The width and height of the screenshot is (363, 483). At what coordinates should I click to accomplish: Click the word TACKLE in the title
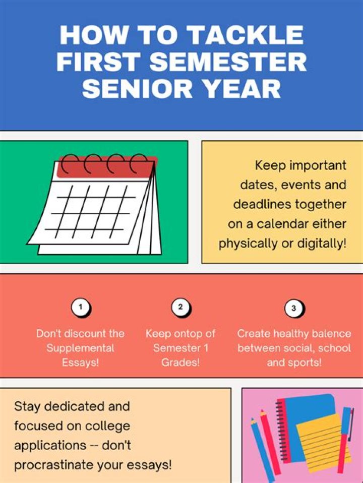(x=246, y=35)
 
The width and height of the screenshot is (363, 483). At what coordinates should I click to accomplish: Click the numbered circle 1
(x=81, y=308)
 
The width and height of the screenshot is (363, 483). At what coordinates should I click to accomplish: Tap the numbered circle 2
(x=181, y=307)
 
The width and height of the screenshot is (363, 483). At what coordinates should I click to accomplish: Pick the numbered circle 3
(x=294, y=309)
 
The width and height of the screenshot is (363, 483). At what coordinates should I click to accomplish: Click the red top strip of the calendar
(x=106, y=167)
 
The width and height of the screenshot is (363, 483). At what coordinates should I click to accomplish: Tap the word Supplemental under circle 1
(x=81, y=348)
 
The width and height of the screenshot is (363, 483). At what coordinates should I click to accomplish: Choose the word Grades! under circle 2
(x=180, y=362)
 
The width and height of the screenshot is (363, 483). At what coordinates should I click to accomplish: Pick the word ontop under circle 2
(x=189, y=334)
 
